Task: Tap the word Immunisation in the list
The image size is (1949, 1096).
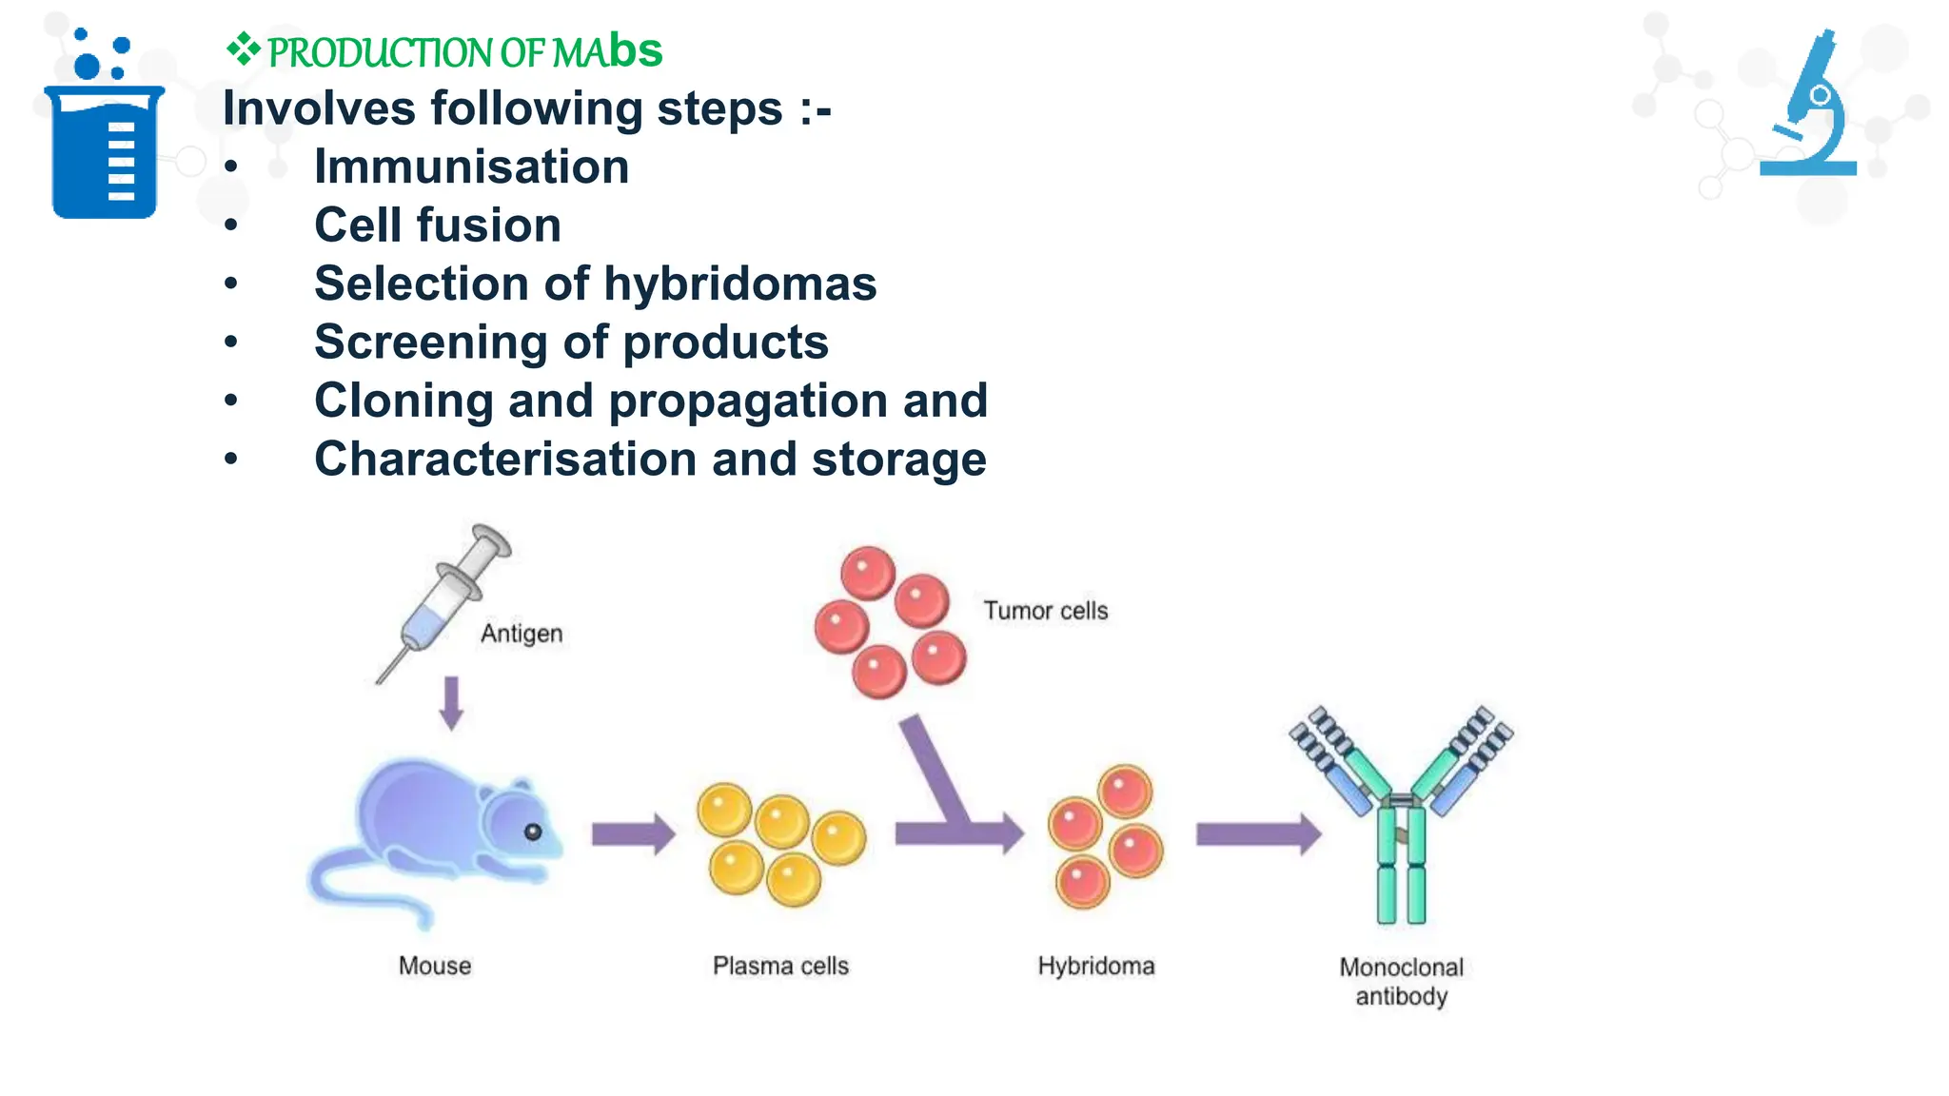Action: click(x=471, y=166)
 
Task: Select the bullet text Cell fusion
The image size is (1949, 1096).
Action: click(x=438, y=225)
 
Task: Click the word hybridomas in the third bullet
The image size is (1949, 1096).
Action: click(x=739, y=284)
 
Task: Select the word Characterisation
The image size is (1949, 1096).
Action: click(x=505, y=460)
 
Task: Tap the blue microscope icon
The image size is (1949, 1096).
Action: click(x=1813, y=109)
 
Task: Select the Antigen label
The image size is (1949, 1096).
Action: click(x=522, y=634)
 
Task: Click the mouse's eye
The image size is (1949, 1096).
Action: click(x=533, y=832)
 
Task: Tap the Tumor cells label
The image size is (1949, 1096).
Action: click(x=1045, y=611)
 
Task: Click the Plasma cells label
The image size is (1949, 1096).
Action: click(x=780, y=966)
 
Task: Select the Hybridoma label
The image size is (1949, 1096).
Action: click(x=1095, y=966)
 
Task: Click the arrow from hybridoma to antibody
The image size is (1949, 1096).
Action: click(x=1257, y=834)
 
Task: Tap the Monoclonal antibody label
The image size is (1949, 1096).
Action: click(x=1401, y=981)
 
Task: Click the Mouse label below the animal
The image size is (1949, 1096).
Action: click(x=435, y=966)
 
